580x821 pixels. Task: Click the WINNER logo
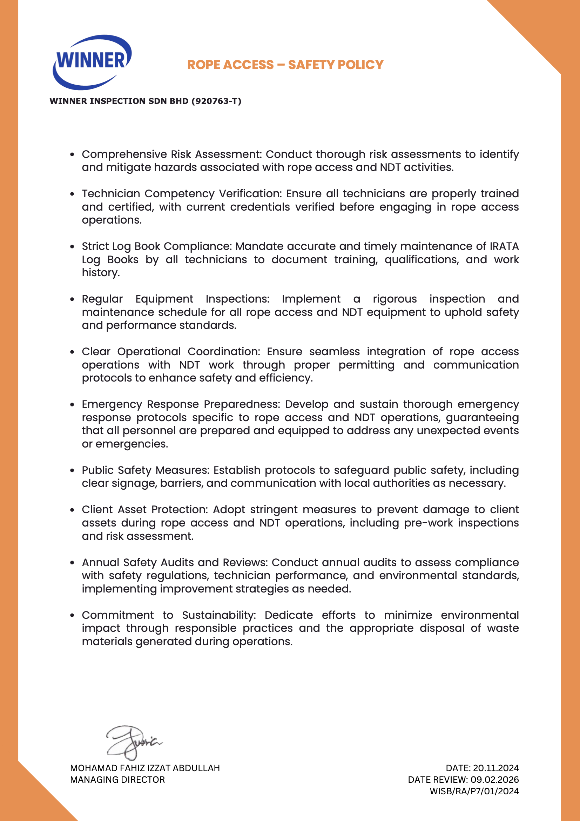pos(92,61)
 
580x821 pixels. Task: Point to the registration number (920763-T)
pos(216,101)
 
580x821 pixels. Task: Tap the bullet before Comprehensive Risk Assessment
pos(73,155)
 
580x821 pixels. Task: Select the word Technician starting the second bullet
pos(111,193)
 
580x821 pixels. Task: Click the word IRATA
pos(504,246)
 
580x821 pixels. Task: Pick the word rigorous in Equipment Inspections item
pos(394,299)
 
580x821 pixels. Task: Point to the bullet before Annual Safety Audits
pos(73,563)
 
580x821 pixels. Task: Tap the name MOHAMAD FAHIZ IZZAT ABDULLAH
pos(145,768)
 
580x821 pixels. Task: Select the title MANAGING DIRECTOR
pos(117,780)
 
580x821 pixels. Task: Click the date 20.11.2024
pos(496,768)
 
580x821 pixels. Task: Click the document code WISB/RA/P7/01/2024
pos(474,791)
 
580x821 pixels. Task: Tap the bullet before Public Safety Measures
pos(73,471)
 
